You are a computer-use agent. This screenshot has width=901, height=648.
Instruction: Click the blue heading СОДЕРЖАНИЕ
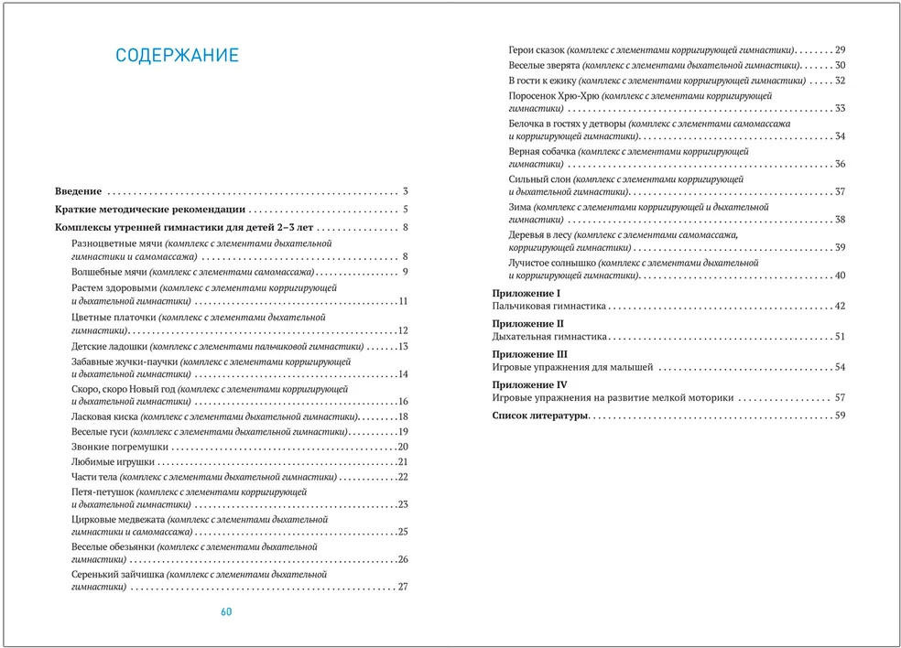click(x=177, y=56)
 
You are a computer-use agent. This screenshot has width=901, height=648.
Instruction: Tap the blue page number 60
click(x=227, y=611)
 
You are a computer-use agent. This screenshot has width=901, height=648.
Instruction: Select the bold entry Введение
click(x=78, y=192)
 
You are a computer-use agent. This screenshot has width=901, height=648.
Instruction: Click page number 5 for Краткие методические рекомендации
click(x=404, y=210)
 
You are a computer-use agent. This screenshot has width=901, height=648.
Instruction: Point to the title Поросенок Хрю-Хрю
click(x=554, y=95)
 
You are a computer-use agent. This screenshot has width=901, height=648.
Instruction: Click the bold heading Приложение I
click(x=526, y=292)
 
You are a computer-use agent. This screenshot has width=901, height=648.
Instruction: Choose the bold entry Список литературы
click(x=539, y=416)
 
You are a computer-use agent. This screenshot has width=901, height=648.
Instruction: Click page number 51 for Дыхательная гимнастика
click(x=839, y=337)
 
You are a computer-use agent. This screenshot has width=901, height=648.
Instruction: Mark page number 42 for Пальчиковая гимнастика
click(x=839, y=306)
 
